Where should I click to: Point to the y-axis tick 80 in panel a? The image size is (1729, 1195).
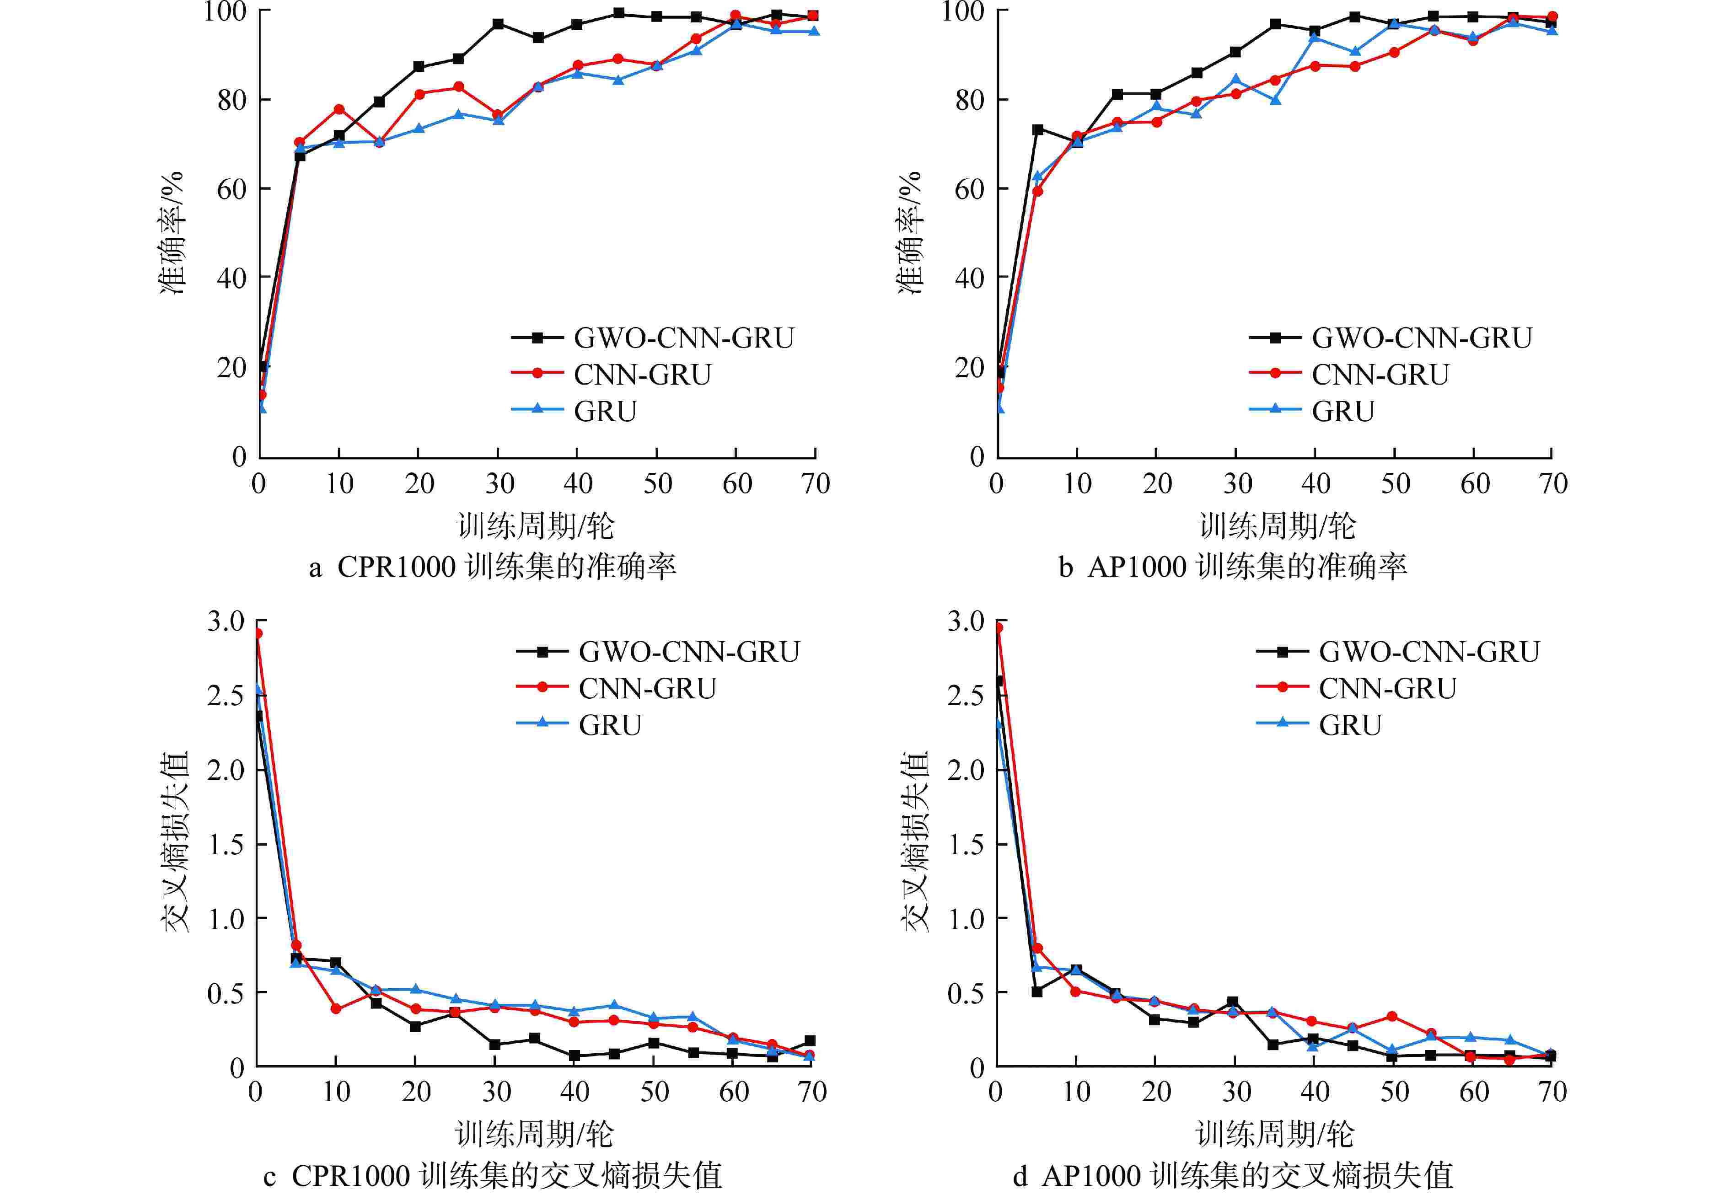[232, 100]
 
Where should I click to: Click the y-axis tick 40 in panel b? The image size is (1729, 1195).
[970, 278]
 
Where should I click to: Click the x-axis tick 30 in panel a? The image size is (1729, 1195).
[499, 484]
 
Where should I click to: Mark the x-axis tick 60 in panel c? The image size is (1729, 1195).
[734, 1092]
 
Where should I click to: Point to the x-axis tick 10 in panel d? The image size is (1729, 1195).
[1076, 1092]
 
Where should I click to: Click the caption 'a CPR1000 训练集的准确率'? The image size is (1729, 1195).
[493, 567]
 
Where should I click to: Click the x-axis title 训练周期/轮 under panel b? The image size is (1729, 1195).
[1277, 525]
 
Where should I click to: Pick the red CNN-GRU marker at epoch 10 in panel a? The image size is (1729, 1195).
[339, 109]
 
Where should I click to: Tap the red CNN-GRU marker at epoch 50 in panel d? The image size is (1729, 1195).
[1392, 1016]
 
